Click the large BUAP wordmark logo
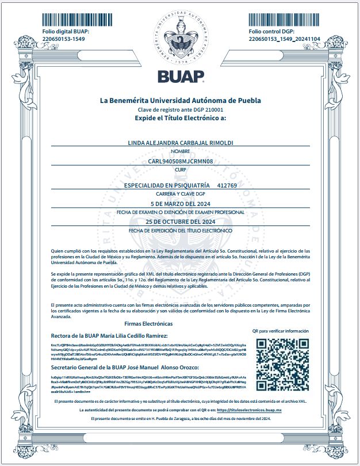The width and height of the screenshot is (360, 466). pyautogui.click(x=181, y=77)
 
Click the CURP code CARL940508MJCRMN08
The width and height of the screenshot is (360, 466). pyautogui.click(x=180, y=162)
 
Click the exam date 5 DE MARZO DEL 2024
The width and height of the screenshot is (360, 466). pyautogui.click(x=180, y=204)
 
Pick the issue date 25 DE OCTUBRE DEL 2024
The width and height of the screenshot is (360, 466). pyautogui.click(x=180, y=221)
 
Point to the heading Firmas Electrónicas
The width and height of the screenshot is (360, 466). pyautogui.click(x=148, y=324)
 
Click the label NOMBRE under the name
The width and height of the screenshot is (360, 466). pyautogui.click(x=180, y=151)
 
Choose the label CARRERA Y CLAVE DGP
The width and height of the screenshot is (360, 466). pyautogui.click(x=180, y=194)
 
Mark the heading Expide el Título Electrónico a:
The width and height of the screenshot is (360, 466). pyautogui.click(x=180, y=117)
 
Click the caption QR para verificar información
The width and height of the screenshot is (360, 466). pyautogui.click(x=280, y=331)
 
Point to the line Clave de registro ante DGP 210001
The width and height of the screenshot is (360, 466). pyautogui.click(x=180, y=109)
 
